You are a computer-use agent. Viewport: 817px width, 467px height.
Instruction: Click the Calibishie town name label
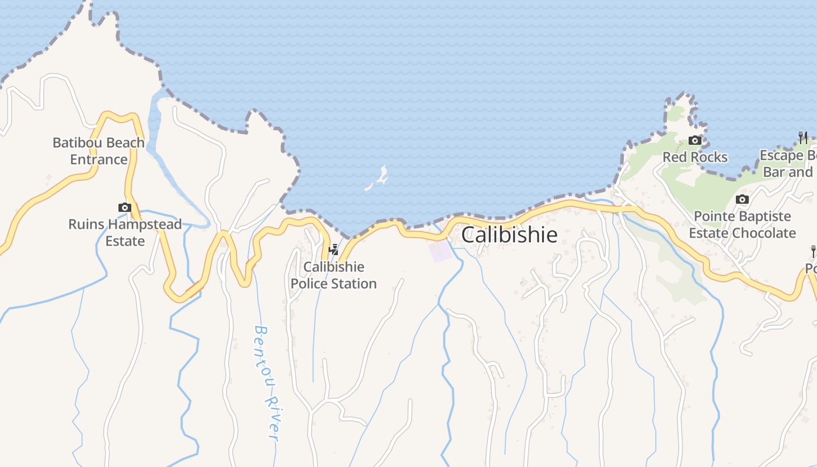(509, 235)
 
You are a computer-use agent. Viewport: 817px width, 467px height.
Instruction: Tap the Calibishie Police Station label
(334, 276)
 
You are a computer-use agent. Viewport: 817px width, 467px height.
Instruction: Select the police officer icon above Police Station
(334, 250)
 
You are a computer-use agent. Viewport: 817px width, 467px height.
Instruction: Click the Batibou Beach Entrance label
(99, 151)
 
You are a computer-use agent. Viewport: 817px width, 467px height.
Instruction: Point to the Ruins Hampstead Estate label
(125, 232)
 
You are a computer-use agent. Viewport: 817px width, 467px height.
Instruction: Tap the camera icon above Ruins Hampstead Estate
(124, 207)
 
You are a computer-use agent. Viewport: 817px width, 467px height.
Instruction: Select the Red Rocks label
(694, 157)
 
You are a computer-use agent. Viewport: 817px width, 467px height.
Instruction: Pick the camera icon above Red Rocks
(694, 140)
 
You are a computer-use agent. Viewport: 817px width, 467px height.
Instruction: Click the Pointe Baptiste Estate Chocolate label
(742, 225)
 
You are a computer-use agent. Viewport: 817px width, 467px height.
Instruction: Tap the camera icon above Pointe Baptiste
(742, 199)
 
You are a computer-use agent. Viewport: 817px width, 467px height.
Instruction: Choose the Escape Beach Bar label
(788, 163)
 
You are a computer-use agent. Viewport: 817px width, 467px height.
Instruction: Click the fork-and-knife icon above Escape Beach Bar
(803, 138)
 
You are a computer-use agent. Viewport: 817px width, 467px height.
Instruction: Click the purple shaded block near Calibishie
(440, 251)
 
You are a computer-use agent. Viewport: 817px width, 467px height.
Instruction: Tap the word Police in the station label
(309, 284)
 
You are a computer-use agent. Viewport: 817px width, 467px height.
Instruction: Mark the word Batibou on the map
(77, 142)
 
